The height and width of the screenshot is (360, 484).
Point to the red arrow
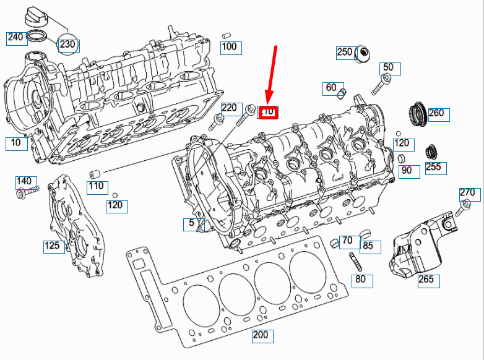pos(272,74)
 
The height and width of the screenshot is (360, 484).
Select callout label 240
pos(15,38)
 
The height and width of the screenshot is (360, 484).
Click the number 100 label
pos(229,46)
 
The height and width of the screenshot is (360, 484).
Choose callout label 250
pos(345,53)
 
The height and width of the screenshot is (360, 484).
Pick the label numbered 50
pos(388,67)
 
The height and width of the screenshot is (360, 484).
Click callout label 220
pos(230,108)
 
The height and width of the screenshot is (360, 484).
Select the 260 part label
pos(436,113)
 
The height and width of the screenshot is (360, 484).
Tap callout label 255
pos(433,167)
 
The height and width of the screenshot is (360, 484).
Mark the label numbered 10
pos(16,144)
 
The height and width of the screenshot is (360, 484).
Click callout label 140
pos(24,181)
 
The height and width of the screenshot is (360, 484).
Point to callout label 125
pos(53,246)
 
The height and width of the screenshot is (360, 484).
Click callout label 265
pos(426,280)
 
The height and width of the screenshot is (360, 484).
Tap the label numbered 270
pos(467,193)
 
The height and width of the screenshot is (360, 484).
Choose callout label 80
pos(361,280)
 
